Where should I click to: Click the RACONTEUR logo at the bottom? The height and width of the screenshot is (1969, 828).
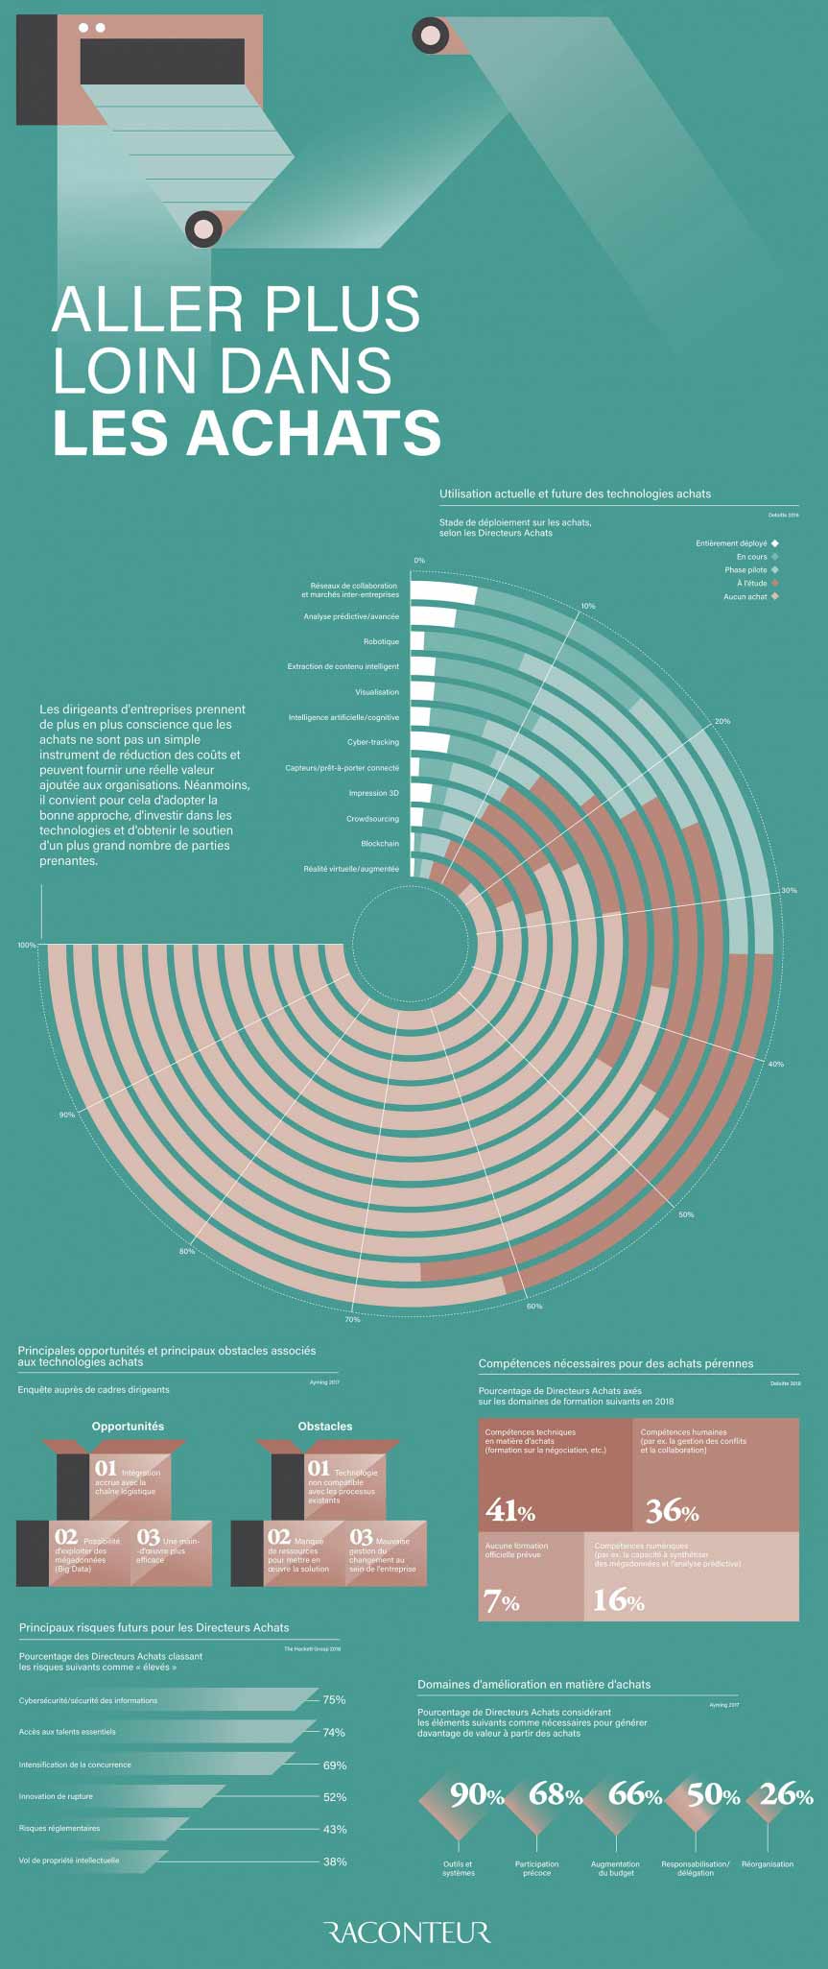click(x=407, y=1932)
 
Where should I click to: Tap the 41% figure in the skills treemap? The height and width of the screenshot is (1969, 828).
click(x=510, y=1510)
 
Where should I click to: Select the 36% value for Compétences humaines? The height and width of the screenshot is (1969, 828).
click(x=672, y=1510)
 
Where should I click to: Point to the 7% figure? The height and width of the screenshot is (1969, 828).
click(x=502, y=1600)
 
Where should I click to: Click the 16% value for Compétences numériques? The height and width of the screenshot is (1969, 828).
click(x=618, y=1599)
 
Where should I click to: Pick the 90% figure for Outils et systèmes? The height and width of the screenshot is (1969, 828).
click(x=477, y=1794)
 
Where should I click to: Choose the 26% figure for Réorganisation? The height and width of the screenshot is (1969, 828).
click(x=786, y=1794)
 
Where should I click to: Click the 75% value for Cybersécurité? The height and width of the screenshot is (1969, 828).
click(x=334, y=1699)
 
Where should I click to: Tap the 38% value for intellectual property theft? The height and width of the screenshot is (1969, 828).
click(x=334, y=1861)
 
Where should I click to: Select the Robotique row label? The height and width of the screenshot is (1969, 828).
click(x=381, y=641)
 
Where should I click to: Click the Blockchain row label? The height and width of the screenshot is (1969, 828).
click(x=380, y=843)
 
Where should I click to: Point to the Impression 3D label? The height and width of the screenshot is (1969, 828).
click(x=373, y=793)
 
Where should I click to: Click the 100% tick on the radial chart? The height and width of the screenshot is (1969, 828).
click(x=26, y=945)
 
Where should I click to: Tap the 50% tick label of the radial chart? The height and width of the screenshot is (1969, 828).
click(x=686, y=1214)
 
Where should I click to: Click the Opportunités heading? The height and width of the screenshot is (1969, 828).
click(x=128, y=1426)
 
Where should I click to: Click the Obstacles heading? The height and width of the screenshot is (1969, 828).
click(x=325, y=1426)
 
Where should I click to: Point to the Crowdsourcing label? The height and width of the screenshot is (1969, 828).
click(x=372, y=818)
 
